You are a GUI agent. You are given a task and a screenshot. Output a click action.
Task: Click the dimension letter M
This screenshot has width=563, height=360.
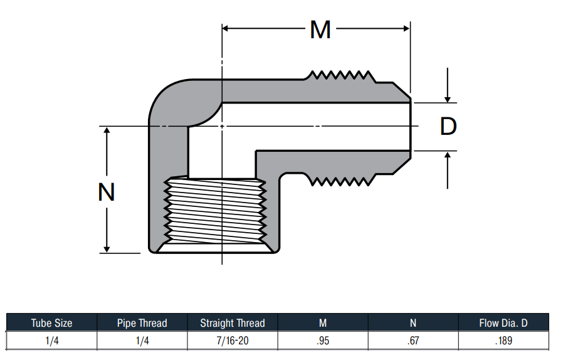(x=320, y=29)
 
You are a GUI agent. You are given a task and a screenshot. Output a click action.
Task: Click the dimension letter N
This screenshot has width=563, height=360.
(x=107, y=192)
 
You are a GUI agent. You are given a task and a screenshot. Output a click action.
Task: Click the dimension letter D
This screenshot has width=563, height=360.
(x=448, y=126)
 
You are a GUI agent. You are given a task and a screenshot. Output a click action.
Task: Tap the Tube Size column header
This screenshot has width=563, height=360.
(x=51, y=323)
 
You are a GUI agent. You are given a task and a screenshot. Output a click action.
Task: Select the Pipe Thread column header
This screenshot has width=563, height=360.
(x=142, y=323)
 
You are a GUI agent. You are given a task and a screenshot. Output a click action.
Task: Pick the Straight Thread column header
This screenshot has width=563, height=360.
(x=233, y=323)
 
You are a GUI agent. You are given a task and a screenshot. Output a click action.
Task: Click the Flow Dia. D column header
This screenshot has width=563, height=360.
(x=503, y=323)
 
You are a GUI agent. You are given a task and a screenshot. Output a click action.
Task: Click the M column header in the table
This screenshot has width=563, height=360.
(x=323, y=323)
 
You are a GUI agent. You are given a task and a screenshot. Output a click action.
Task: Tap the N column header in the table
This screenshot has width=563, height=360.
(x=413, y=323)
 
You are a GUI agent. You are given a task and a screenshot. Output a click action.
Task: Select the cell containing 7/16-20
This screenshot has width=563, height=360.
(x=233, y=340)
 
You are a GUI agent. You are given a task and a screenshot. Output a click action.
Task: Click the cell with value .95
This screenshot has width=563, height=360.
(x=323, y=340)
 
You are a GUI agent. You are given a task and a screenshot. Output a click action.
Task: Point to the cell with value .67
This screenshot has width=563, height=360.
(x=413, y=340)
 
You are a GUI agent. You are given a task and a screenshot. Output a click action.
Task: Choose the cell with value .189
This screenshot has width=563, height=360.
(x=503, y=340)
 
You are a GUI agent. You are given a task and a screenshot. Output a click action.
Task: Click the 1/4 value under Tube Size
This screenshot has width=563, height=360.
(x=51, y=340)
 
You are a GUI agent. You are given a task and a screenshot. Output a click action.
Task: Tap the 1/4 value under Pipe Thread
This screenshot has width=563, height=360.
(x=142, y=340)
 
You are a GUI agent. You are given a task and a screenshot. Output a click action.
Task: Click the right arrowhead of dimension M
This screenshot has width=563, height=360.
(x=406, y=28)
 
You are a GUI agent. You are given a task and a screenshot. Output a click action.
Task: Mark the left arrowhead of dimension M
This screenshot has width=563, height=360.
(x=226, y=28)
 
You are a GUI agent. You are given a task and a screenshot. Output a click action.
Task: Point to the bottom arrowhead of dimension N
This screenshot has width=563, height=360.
(x=107, y=249)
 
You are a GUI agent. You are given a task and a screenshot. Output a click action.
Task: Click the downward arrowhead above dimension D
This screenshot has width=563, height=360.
(x=448, y=99)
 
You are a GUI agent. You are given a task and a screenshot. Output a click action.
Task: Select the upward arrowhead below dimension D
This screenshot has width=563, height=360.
(x=448, y=155)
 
